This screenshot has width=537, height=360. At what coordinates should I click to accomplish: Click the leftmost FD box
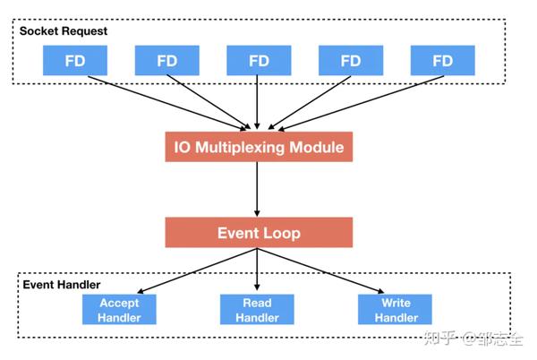[75, 61]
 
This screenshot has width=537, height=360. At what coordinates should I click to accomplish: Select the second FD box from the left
[166, 61]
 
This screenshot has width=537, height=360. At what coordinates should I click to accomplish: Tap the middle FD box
[259, 61]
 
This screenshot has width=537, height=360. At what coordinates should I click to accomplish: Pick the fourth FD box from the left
[351, 61]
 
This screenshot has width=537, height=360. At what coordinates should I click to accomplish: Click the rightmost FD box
[442, 61]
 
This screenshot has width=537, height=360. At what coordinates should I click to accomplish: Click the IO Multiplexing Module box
[259, 147]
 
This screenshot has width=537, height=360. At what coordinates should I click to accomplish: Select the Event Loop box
[259, 233]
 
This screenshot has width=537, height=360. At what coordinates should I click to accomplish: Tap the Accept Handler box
[119, 310]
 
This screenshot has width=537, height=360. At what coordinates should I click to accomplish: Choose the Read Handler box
[257, 310]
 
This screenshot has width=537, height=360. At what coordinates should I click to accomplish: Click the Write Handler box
[395, 310]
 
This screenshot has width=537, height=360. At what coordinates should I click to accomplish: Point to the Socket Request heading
[64, 30]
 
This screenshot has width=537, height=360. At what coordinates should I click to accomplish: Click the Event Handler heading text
[61, 284]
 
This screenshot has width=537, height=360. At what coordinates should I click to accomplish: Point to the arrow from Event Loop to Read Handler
[259, 270]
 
